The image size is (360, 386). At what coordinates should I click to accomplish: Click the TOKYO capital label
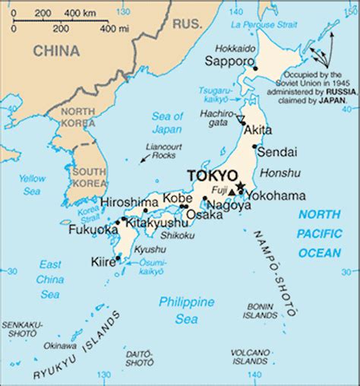(x=213, y=176)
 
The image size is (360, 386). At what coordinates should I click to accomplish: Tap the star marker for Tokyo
(x=241, y=186)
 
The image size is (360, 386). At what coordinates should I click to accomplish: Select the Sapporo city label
(x=232, y=60)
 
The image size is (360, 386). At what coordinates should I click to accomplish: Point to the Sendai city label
(x=277, y=152)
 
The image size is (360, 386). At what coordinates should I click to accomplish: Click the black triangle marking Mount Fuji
(x=232, y=192)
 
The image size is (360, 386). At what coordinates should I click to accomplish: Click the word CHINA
(x=56, y=51)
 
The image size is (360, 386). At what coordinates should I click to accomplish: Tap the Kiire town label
(x=103, y=261)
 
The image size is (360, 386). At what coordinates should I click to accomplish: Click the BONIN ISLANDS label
(x=261, y=311)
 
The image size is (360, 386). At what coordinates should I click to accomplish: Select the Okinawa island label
(x=59, y=346)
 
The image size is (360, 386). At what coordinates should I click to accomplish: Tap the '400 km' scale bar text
(x=80, y=13)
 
